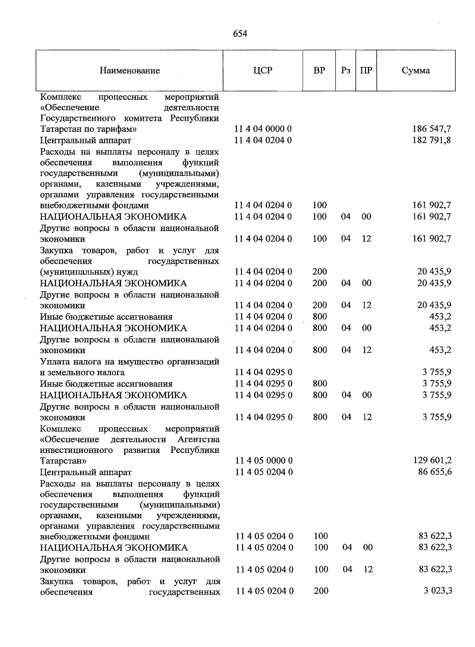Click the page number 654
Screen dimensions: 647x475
pyautogui.click(x=240, y=34)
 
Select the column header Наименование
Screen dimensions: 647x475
pyautogui.click(x=130, y=71)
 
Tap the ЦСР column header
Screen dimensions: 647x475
pyautogui.click(x=263, y=71)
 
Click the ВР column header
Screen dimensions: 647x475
pyautogui.click(x=319, y=71)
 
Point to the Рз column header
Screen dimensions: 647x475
pyautogui.click(x=346, y=71)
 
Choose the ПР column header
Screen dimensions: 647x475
pyautogui.click(x=366, y=71)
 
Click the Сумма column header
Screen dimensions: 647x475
pyautogui.click(x=416, y=71)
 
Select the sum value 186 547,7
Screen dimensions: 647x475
pyautogui.click(x=431, y=129)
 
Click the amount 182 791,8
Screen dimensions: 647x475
pyautogui.click(x=431, y=140)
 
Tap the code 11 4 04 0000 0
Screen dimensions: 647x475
pyautogui.click(x=263, y=129)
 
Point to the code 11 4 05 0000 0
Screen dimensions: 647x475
pyautogui.click(x=264, y=461)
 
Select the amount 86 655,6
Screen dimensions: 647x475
pyautogui.click(x=435, y=472)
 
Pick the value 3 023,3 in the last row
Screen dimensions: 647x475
pyautogui.click(x=438, y=591)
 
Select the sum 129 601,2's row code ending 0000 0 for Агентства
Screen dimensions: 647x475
pyautogui.click(x=264, y=461)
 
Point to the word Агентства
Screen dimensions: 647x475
pyautogui.click(x=199, y=440)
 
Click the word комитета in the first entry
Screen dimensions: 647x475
pyautogui.click(x=144, y=118)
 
